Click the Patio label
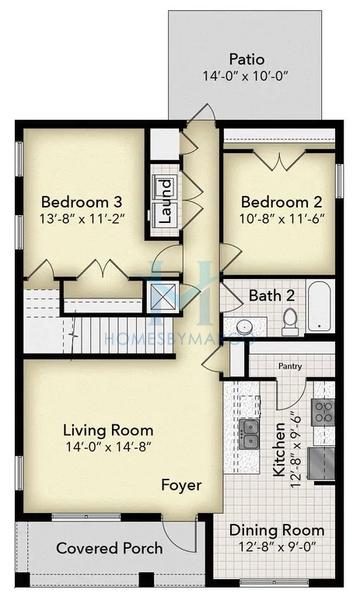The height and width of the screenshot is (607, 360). [245, 58]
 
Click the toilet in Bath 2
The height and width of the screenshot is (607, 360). [290, 319]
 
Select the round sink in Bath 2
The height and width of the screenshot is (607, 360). [242, 327]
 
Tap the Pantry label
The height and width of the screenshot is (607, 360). [291, 368]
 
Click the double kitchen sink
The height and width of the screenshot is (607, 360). [251, 433]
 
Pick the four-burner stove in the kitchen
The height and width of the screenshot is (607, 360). [323, 411]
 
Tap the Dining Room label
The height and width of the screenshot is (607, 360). [277, 530]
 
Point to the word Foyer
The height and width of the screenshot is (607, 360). [181, 485]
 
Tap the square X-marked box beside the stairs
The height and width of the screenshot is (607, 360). [160, 297]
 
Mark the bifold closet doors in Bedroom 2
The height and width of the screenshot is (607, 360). [278, 158]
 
